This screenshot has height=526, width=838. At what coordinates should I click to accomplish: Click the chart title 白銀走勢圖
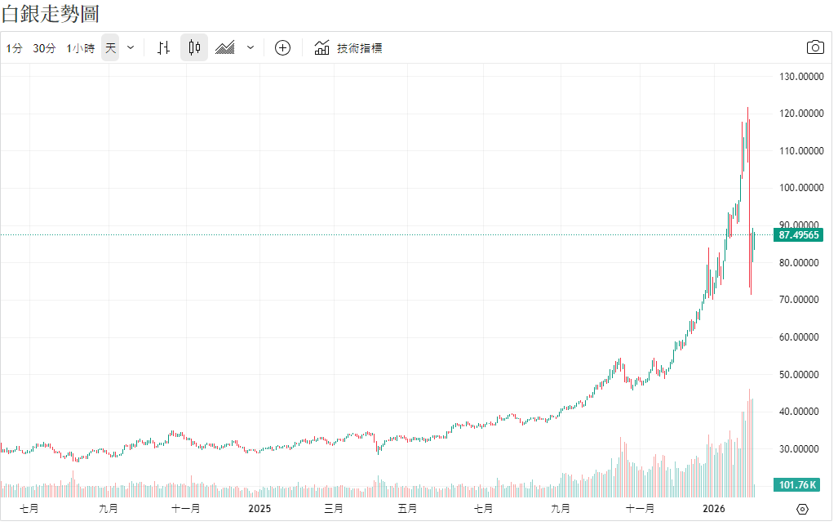coord(51,14)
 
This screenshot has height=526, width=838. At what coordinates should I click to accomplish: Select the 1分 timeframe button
coord(15,48)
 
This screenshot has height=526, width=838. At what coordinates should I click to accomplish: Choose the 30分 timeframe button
coord(44,48)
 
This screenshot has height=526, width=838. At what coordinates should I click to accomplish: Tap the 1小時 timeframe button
coord(80,48)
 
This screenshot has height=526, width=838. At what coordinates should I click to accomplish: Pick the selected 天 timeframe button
coord(111,48)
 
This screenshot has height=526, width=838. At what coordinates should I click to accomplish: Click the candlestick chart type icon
coord(193,47)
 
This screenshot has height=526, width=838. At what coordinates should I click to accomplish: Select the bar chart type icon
coord(163,47)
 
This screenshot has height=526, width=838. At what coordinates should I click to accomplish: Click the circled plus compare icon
coord(282,47)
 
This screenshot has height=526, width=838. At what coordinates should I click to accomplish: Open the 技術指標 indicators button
coord(348,47)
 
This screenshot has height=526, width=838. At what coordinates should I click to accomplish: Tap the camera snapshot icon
coord(815,47)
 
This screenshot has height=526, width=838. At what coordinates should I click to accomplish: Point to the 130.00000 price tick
coord(798,77)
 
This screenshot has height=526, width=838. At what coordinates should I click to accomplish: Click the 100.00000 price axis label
coord(798,188)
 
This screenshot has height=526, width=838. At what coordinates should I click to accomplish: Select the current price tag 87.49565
coord(798,234)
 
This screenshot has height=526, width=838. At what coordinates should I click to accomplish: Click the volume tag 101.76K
coord(797,485)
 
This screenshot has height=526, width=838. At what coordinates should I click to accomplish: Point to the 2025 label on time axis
coord(259,509)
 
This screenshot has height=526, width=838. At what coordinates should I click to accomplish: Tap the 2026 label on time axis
coord(715,509)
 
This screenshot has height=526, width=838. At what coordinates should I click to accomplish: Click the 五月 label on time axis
coord(407,509)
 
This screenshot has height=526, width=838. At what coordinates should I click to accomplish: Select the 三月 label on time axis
coord(333,509)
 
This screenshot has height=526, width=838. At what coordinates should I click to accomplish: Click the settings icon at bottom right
coord(802,509)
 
